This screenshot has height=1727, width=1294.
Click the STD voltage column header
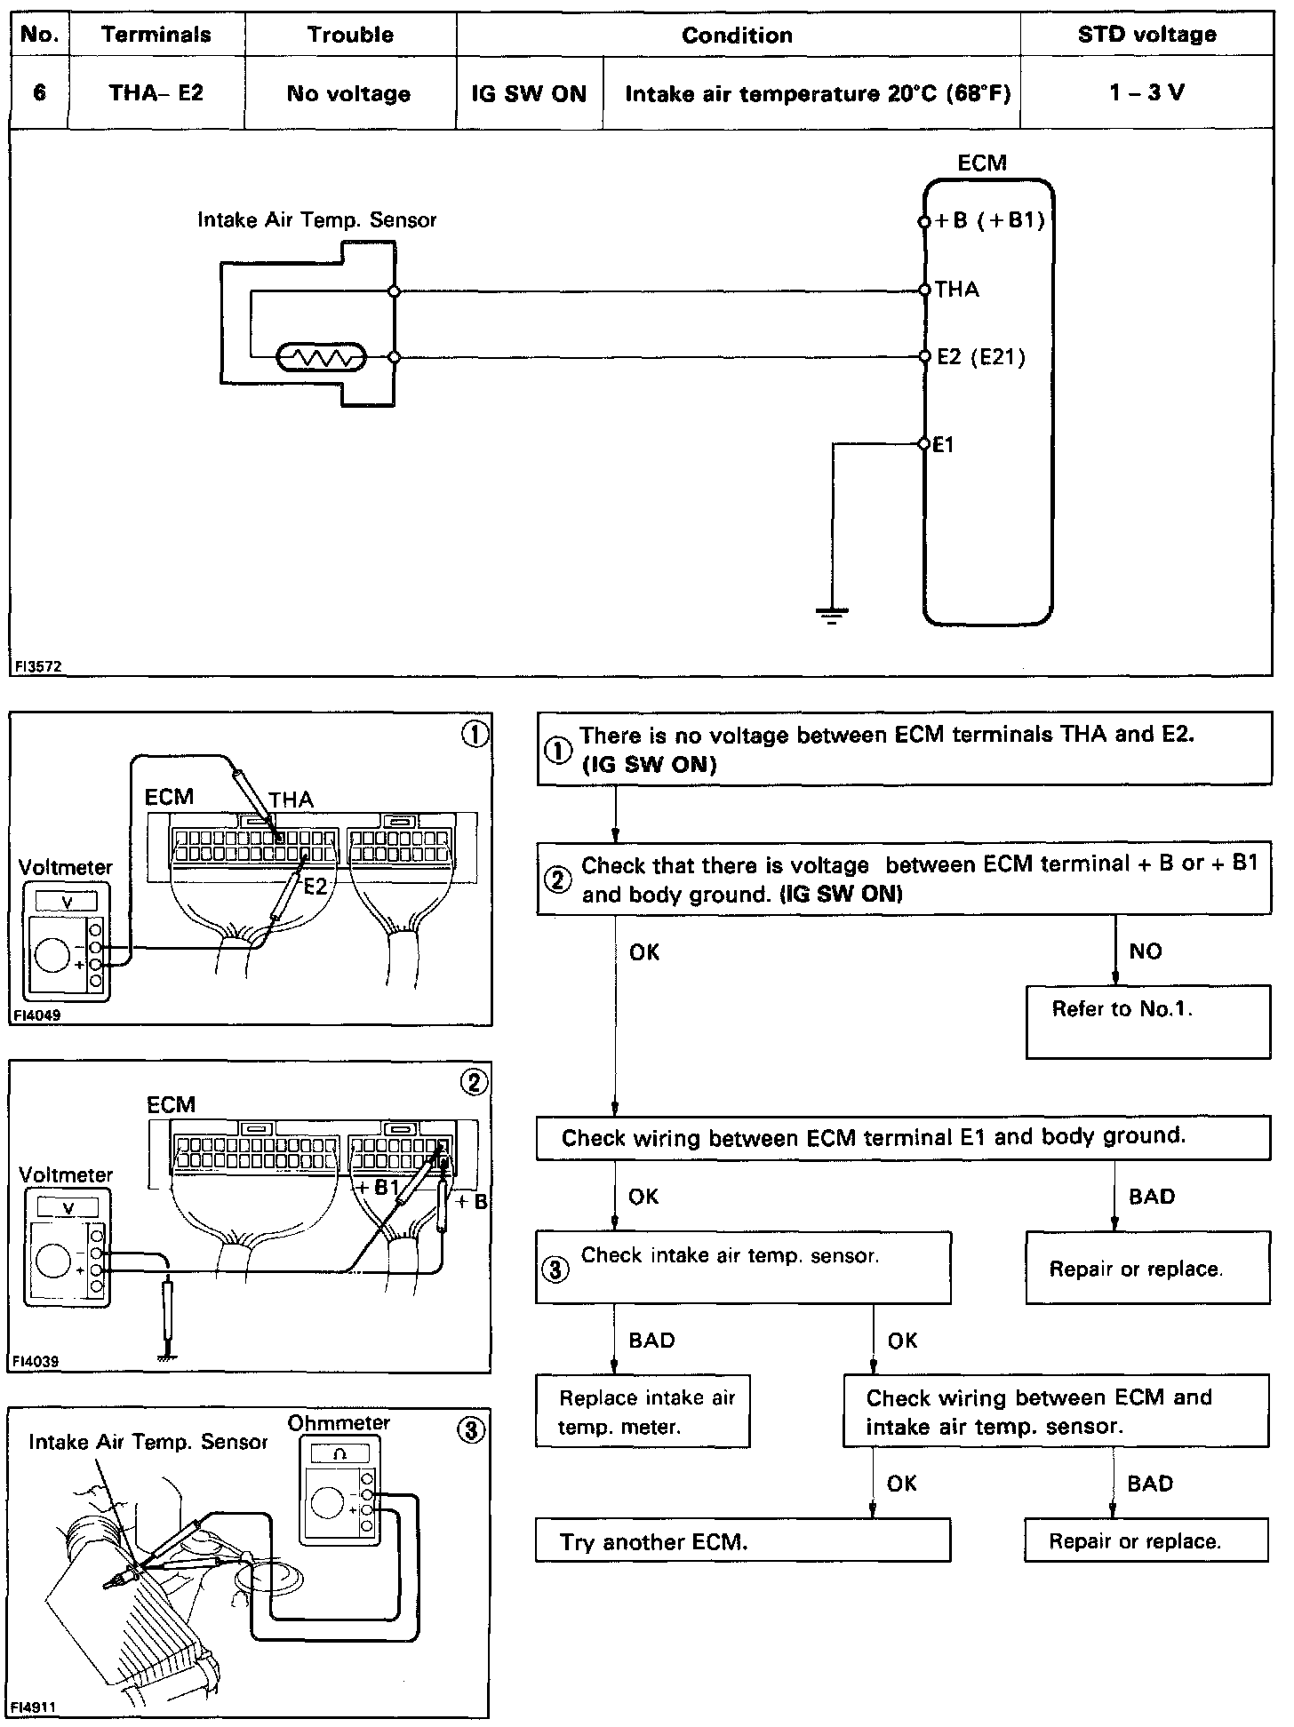(x=1146, y=35)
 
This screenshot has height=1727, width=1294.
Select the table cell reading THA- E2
(x=156, y=93)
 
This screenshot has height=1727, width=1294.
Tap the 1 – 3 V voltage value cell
(x=1146, y=93)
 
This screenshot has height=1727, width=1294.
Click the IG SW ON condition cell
(x=529, y=93)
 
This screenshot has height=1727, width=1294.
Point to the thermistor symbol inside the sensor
(x=322, y=358)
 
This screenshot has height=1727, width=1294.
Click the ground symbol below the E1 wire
(x=832, y=614)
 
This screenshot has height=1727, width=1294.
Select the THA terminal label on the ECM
(x=957, y=290)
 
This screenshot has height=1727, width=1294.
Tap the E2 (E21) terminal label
(x=981, y=357)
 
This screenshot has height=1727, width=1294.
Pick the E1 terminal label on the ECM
(x=944, y=444)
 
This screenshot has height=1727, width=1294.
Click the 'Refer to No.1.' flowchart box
(x=1147, y=1022)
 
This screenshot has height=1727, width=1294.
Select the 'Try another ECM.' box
(x=742, y=1542)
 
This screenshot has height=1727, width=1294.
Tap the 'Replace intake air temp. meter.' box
(x=642, y=1412)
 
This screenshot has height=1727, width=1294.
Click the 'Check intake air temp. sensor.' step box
(x=742, y=1267)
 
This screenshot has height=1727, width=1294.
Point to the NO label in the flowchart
(x=1146, y=951)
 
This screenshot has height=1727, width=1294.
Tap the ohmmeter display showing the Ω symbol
(x=339, y=1455)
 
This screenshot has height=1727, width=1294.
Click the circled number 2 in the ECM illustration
(x=474, y=1081)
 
